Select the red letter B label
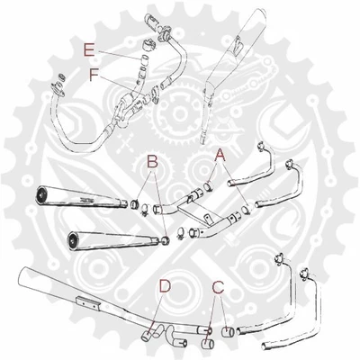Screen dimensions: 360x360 point(152,162)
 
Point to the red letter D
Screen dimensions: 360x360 point(165,287)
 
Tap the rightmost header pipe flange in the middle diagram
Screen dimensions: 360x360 point(290,165)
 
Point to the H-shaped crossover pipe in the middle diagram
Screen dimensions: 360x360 point(207,216)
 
